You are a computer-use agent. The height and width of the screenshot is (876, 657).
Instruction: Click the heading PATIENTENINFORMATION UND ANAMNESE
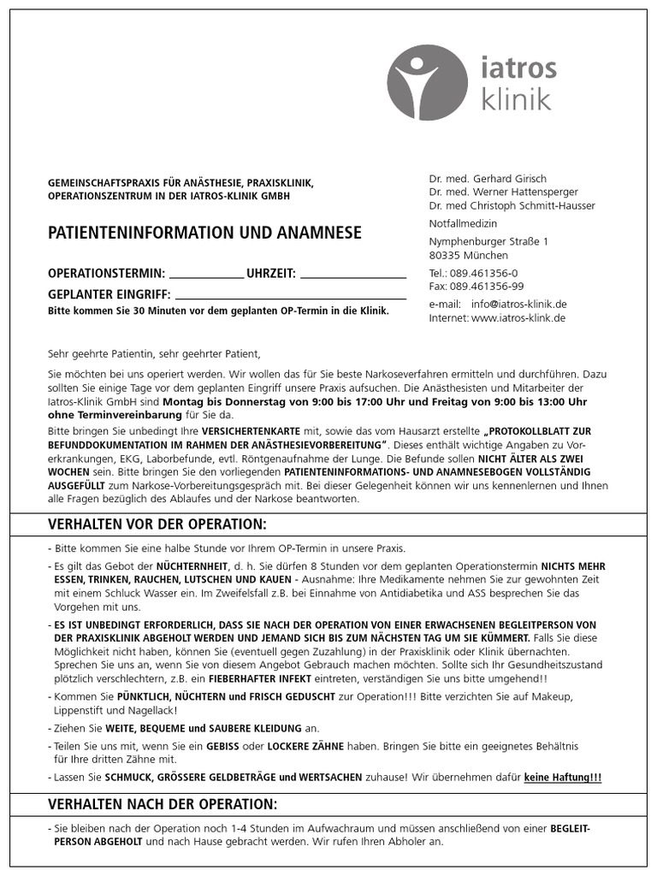pyautogui.click(x=204, y=233)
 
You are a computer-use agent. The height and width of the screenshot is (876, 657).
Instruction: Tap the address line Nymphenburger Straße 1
pyautogui.click(x=488, y=241)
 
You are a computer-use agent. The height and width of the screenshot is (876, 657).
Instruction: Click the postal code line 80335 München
pyautogui.click(x=469, y=255)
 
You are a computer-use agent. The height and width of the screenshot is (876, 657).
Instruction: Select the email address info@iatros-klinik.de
pyautogui.click(x=519, y=304)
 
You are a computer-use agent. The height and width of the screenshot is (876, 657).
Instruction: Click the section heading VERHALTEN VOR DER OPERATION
pyautogui.click(x=157, y=524)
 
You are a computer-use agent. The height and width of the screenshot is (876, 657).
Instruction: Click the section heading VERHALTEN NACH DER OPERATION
pyautogui.click(x=163, y=805)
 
